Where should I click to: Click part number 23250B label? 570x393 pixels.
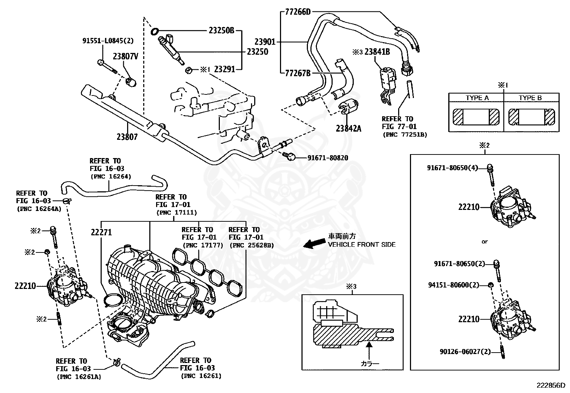point(221,31)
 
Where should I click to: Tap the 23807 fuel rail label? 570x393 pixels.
point(127,137)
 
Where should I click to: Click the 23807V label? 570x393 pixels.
point(126,56)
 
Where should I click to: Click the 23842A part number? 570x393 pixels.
point(348,128)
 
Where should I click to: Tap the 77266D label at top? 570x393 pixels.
point(298,12)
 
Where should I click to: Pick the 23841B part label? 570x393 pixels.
point(377,52)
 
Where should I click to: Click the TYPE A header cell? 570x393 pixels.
point(477,98)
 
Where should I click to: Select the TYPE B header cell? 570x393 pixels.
point(530,98)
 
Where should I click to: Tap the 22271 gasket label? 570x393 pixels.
point(101,232)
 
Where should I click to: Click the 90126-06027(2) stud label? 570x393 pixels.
point(465,352)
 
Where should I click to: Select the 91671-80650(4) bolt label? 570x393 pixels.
point(452,167)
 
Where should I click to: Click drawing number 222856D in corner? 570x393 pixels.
point(550,385)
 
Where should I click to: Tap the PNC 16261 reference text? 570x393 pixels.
point(201,376)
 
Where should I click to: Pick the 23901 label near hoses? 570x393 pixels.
point(265,42)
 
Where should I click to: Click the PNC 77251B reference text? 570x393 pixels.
point(405,134)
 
